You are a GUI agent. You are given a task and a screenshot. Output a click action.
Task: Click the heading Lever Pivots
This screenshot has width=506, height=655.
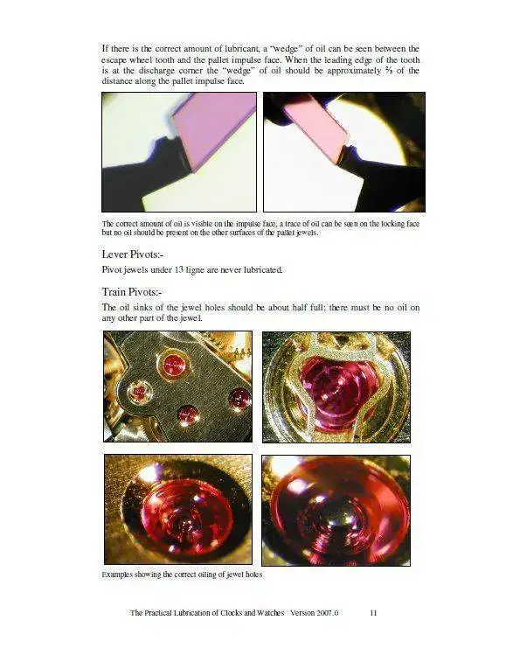(x=132, y=254)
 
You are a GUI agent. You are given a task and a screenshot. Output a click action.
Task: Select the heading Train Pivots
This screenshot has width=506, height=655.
(x=132, y=291)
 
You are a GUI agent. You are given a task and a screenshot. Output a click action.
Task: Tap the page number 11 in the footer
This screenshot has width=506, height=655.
(x=373, y=613)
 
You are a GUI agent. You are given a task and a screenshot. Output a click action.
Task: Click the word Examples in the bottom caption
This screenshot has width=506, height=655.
(x=117, y=575)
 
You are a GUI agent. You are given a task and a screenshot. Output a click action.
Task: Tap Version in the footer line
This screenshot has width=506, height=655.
(x=302, y=613)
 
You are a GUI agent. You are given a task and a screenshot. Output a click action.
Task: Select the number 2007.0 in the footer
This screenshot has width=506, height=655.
(x=327, y=613)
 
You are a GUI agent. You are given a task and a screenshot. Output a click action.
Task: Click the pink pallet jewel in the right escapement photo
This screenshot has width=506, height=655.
(x=316, y=129)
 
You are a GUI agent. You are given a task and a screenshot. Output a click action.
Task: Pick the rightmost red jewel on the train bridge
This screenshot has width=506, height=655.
(x=240, y=397)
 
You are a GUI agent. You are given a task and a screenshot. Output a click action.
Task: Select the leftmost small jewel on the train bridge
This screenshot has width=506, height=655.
(x=138, y=392)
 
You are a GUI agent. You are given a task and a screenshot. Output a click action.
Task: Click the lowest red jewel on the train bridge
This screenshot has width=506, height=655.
(x=187, y=415)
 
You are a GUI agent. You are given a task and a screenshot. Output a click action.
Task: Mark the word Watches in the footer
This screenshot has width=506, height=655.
(x=271, y=613)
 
